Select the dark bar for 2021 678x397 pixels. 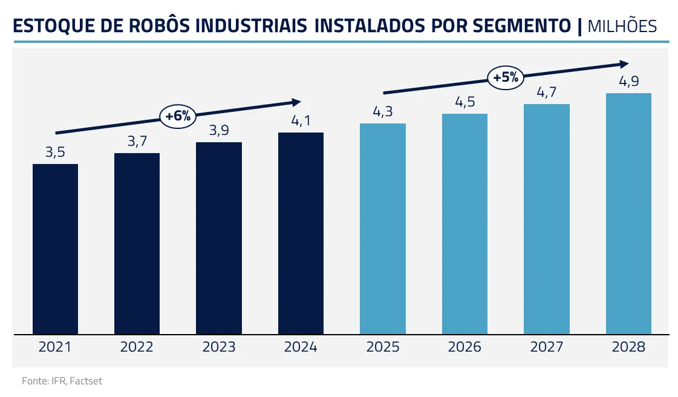(x=55, y=248)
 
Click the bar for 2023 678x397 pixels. (x=219, y=238)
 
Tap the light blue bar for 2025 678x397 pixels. (x=383, y=228)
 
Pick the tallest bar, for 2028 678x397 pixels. (x=628, y=213)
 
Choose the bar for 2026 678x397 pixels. (x=464, y=223)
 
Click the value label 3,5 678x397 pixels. (x=55, y=152)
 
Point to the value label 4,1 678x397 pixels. (x=301, y=120)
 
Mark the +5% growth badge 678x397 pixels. (x=506, y=77)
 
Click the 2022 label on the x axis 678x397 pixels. (x=137, y=347)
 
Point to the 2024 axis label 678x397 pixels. (x=301, y=347)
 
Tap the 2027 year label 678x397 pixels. (x=546, y=347)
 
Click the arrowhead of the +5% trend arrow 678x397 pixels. (x=625, y=64)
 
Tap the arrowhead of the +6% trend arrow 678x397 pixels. (x=296, y=102)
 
